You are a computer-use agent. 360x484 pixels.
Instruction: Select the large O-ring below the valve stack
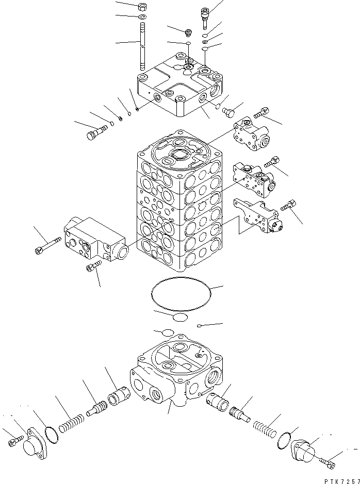coord(181,295)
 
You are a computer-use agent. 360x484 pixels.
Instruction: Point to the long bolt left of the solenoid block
coord(50,246)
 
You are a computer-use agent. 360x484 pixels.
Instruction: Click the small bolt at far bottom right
coord(328,464)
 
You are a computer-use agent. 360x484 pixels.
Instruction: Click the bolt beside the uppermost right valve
coord(261,113)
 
